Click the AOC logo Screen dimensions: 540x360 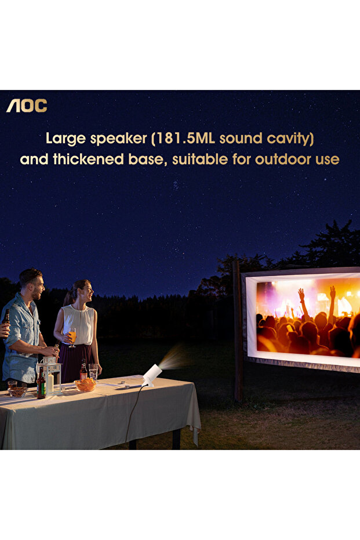(27, 106)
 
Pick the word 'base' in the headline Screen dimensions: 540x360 (151, 159)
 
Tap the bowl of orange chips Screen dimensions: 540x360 (86, 384)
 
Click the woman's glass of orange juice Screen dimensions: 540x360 (72, 336)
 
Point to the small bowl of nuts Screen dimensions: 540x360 (17, 391)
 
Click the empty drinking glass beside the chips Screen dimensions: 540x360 (93, 371)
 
